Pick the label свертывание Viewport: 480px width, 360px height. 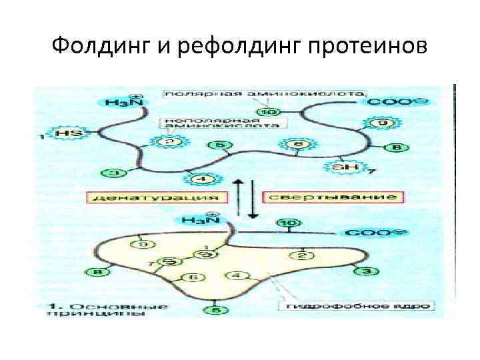pyautogui.click(x=331, y=198)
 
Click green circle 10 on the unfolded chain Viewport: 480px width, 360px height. pyautogui.click(x=273, y=111)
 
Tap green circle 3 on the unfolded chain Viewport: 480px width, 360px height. pyautogui.click(x=114, y=173)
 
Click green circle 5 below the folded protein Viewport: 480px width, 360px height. pyautogui.click(x=215, y=309)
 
